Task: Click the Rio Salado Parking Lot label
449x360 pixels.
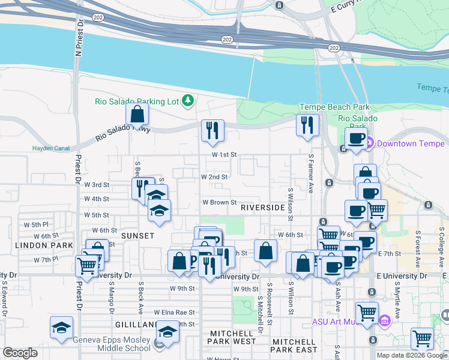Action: [x=137, y=101]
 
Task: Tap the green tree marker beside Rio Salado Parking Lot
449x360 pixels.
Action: [x=188, y=101]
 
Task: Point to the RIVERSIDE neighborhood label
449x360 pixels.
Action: [x=262, y=208]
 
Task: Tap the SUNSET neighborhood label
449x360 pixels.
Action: [x=137, y=236]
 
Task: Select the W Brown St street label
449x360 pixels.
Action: [x=219, y=203]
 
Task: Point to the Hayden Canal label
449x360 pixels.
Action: [x=51, y=149]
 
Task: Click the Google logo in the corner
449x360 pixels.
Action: [x=20, y=353]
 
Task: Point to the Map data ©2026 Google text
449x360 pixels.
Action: [x=411, y=355]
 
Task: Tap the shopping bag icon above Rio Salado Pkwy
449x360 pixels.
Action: [x=137, y=115]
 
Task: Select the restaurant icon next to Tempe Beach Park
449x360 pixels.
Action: [x=307, y=125]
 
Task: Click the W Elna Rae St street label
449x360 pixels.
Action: [x=174, y=313]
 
